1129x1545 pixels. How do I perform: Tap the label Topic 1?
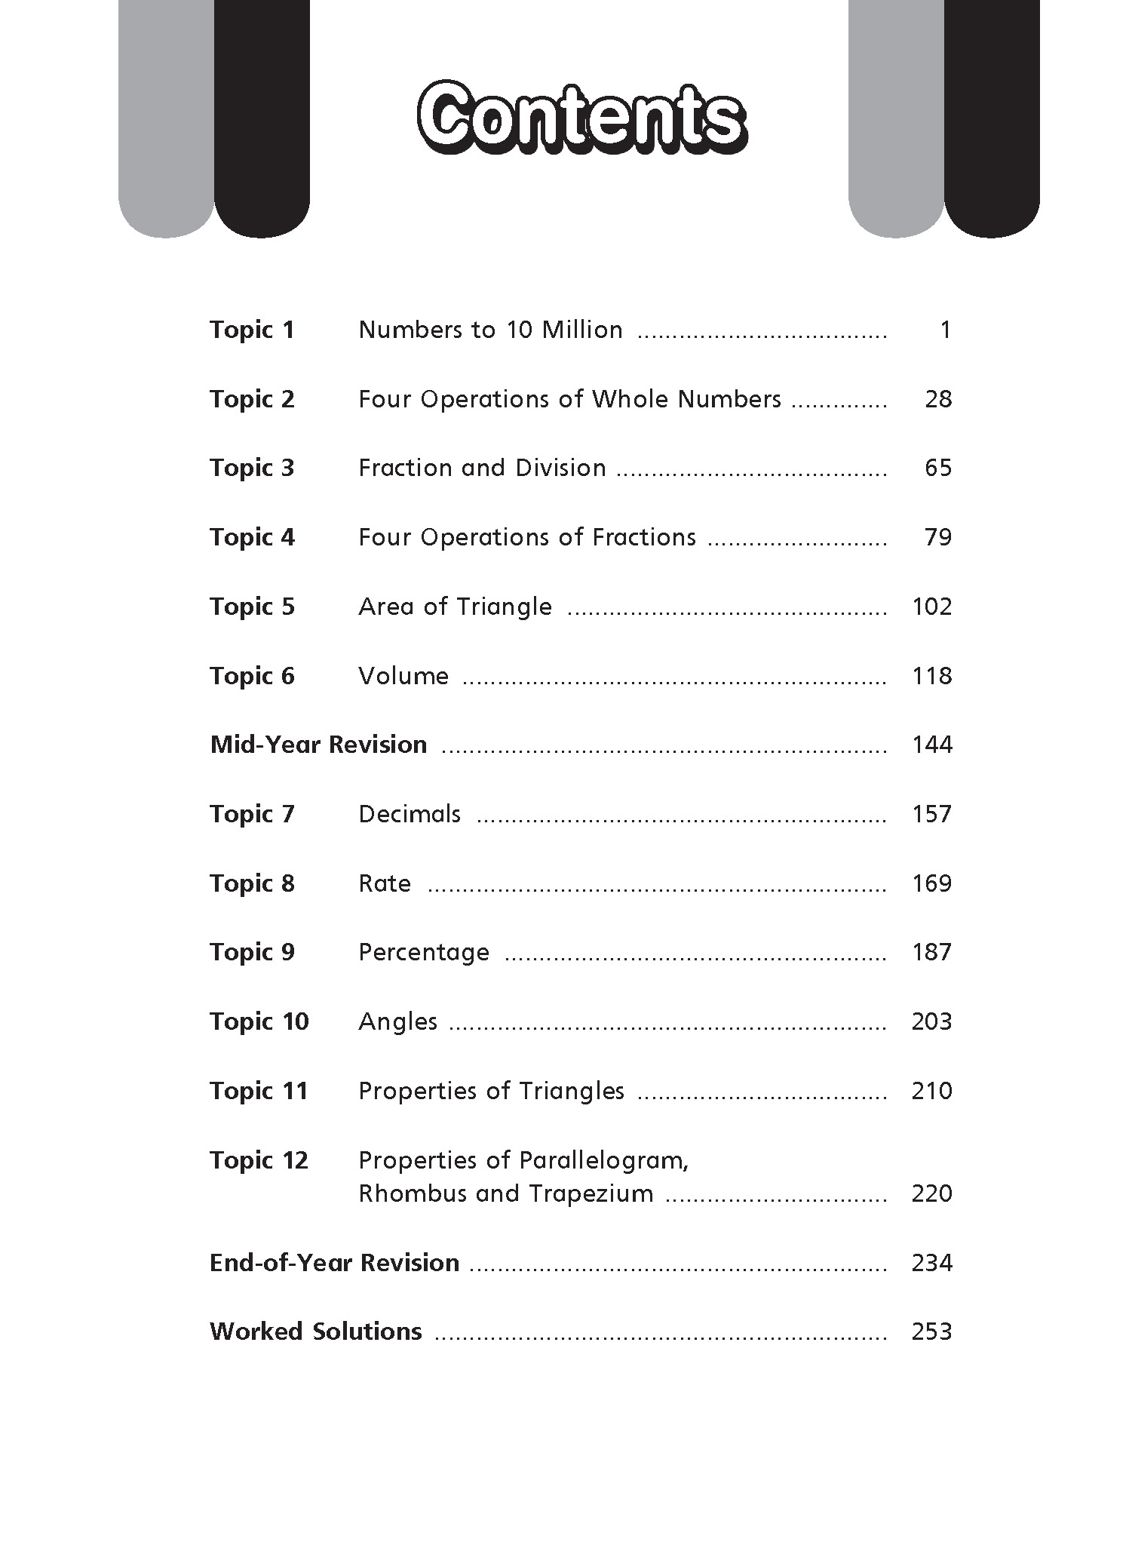click(x=252, y=330)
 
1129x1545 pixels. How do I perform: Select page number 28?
click(x=938, y=400)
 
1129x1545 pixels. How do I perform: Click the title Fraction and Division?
click(x=482, y=468)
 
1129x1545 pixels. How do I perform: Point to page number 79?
click(x=938, y=538)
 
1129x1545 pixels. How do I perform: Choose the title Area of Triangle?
click(x=455, y=607)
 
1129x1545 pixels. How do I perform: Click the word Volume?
click(x=403, y=677)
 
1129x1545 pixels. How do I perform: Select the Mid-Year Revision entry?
click(x=318, y=745)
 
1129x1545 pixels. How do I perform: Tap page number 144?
click(x=931, y=745)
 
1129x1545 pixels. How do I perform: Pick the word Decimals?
click(x=410, y=815)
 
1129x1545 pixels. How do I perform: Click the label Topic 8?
click(x=252, y=884)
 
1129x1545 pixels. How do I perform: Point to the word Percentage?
click(x=424, y=953)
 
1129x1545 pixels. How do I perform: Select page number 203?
click(x=931, y=1022)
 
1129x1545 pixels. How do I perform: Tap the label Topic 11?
click(x=259, y=1092)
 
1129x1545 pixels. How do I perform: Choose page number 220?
click(x=931, y=1194)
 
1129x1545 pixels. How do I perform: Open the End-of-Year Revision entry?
click(x=334, y=1263)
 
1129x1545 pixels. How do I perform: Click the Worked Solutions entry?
click(x=315, y=1332)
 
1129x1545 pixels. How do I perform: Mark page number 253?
click(x=931, y=1332)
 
